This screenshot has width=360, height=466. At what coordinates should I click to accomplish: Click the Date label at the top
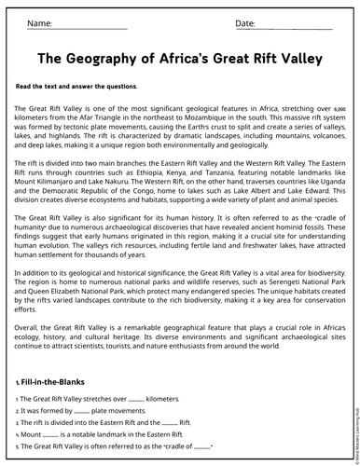[245, 22]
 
